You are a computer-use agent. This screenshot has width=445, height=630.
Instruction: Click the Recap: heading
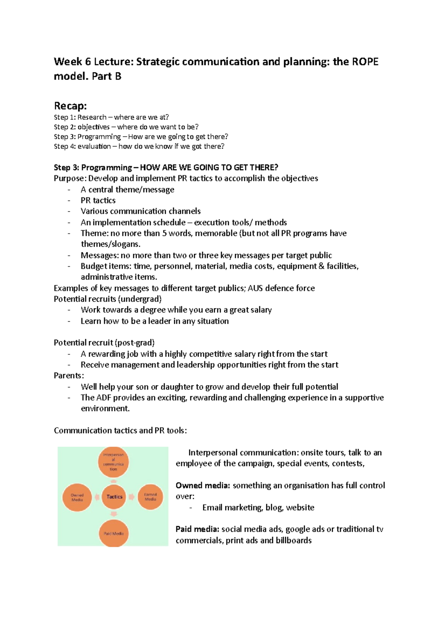coord(70,106)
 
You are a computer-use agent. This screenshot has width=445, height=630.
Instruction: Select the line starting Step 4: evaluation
coord(139,146)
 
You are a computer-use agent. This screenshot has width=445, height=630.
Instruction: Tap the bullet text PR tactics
coord(98,200)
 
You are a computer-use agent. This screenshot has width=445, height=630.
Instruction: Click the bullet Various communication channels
coord(141,211)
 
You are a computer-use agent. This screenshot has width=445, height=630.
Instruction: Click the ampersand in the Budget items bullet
coord(321,266)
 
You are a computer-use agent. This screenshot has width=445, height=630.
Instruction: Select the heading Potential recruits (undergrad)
coord(108,299)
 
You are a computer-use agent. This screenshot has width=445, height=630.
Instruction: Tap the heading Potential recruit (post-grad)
coord(104,343)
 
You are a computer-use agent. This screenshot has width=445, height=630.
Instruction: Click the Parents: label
coord(69,375)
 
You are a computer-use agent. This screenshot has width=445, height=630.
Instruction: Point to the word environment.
coord(105,408)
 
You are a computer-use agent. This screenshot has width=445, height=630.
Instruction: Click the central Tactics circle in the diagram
coord(114,497)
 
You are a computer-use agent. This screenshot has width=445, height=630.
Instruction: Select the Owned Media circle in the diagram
coord(77,497)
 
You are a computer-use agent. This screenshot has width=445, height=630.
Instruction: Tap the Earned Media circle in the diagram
coord(150,497)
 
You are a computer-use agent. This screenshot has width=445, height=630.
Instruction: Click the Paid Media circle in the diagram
coord(113,533)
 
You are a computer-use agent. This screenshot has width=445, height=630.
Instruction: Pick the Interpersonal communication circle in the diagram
coord(113,462)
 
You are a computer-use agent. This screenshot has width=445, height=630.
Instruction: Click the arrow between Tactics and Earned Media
coord(132,497)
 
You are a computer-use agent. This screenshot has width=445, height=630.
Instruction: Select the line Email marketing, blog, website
coord(258,508)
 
